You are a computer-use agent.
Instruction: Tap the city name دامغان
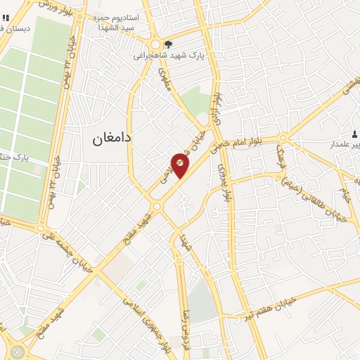click(110, 139)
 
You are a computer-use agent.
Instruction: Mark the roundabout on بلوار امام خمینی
click(283, 138)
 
